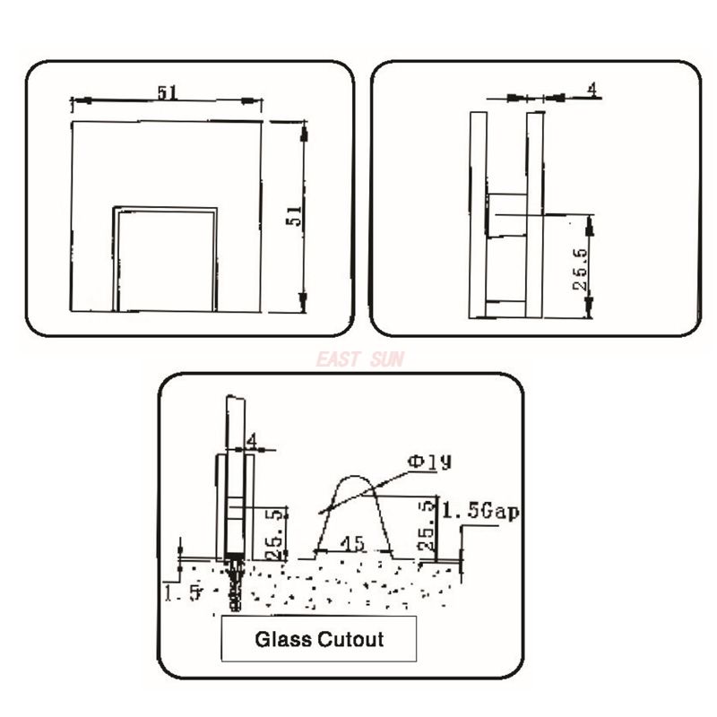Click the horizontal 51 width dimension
pyautogui.click(x=166, y=92)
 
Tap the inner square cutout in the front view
pyautogui.click(x=165, y=260)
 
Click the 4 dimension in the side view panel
pyautogui.click(x=592, y=89)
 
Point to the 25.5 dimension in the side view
pyautogui.click(x=581, y=270)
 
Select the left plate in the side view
pyautogui.click(x=477, y=215)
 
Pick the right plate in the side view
pyautogui.click(x=536, y=215)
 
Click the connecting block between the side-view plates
pyautogui.click(x=506, y=214)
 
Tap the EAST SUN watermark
pyautogui.click(x=358, y=360)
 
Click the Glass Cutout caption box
pyautogui.click(x=319, y=639)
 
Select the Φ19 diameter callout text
pyautogui.click(x=429, y=462)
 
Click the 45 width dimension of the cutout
pyautogui.click(x=355, y=544)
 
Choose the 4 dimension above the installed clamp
pyautogui.click(x=251, y=441)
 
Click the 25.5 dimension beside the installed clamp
pyautogui.click(x=275, y=529)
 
